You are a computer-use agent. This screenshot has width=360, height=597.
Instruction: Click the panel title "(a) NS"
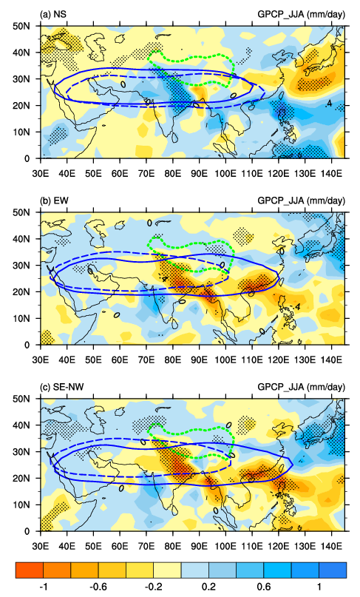point(54,15)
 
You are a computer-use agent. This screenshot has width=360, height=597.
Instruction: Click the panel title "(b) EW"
point(54,200)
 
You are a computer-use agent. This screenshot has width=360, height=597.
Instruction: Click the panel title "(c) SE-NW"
point(61,387)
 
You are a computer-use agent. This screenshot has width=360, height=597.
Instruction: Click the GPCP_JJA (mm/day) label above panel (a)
point(302,15)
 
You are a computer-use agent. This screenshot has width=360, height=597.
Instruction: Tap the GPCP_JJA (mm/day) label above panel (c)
point(302,388)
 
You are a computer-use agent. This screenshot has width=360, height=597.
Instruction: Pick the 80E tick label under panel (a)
point(173,174)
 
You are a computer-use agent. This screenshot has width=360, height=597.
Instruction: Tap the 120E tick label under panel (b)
point(279,360)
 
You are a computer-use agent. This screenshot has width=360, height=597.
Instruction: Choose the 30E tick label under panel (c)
point(41,547)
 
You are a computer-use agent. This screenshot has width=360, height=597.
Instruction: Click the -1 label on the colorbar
point(44,587)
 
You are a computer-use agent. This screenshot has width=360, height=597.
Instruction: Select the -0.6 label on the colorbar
point(98,587)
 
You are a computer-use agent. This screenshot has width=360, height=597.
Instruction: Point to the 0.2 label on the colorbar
point(209,587)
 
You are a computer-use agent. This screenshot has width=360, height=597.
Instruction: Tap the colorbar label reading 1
point(319,587)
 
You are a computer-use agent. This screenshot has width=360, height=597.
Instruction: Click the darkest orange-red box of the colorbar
point(30,570)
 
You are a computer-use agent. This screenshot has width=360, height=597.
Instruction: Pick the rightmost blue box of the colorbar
point(333,570)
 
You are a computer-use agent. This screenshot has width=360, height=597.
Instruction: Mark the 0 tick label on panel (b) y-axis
point(27,345)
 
